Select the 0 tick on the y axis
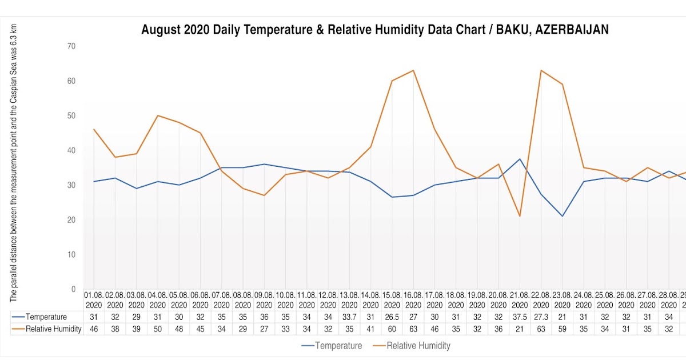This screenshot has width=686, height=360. tap(73, 289)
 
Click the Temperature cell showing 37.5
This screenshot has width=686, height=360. tap(520, 317)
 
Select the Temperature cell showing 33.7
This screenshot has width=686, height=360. tap(349, 317)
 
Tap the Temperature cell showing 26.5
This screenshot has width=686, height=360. tap(392, 317)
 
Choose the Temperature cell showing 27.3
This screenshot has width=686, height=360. tap(541, 317)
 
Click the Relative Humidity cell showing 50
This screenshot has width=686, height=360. tap(158, 329)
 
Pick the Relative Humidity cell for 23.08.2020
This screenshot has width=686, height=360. tap(563, 329)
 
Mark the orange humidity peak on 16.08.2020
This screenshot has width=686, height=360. tap(413, 70)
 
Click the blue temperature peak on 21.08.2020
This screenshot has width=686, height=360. tap(520, 159)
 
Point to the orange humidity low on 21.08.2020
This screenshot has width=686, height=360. tap(520, 216)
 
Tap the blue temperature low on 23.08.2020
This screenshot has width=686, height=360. tap(563, 216)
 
